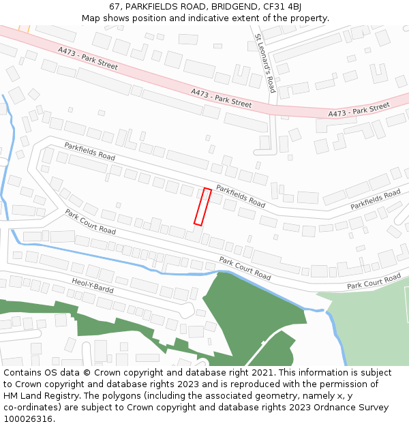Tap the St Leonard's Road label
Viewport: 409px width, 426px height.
[265, 63]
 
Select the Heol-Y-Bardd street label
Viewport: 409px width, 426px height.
[93, 286]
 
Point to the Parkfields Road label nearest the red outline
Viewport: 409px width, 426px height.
[240, 196]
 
